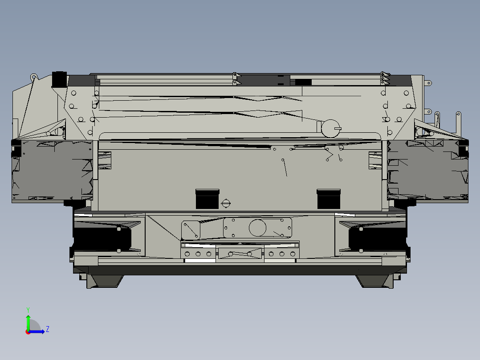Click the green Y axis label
[28, 309]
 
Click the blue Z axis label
[47, 329]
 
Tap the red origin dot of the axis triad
[28, 331]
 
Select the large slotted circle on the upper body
[330, 128]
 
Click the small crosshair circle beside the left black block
[226, 204]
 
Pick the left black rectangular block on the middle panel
[207, 199]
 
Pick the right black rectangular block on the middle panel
[329, 199]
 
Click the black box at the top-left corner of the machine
[59, 79]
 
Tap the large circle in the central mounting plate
[257, 228]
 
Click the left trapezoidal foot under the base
[105, 281]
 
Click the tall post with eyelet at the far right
[458, 121]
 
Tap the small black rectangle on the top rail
[303, 82]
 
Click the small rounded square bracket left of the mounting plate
[191, 230]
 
